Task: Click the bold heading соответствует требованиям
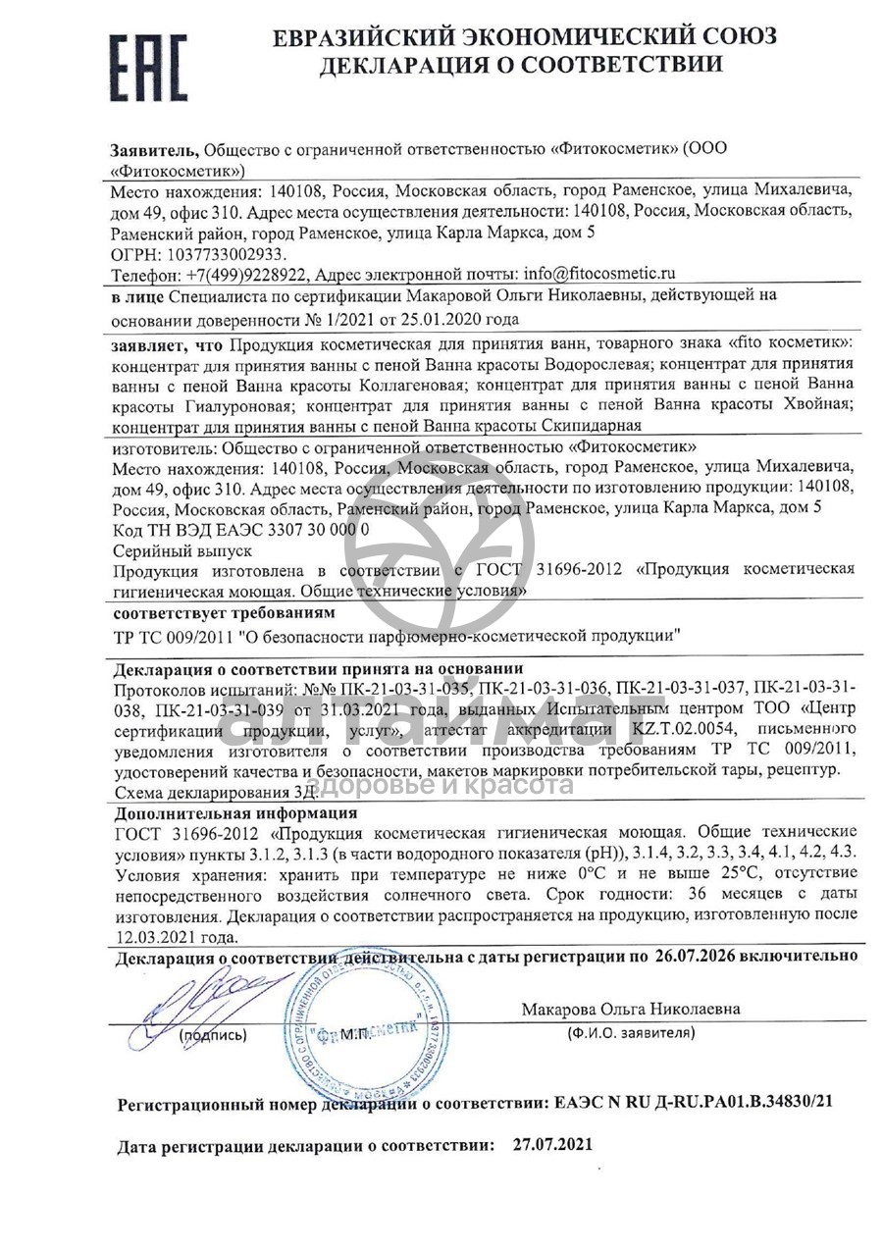pyautogui.click(x=224, y=612)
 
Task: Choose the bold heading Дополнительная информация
pyautogui.click(x=235, y=813)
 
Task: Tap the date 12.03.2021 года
pyautogui.click(x=175, y=936)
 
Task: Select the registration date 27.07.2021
pyautogui.click(x=553, y=1145)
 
